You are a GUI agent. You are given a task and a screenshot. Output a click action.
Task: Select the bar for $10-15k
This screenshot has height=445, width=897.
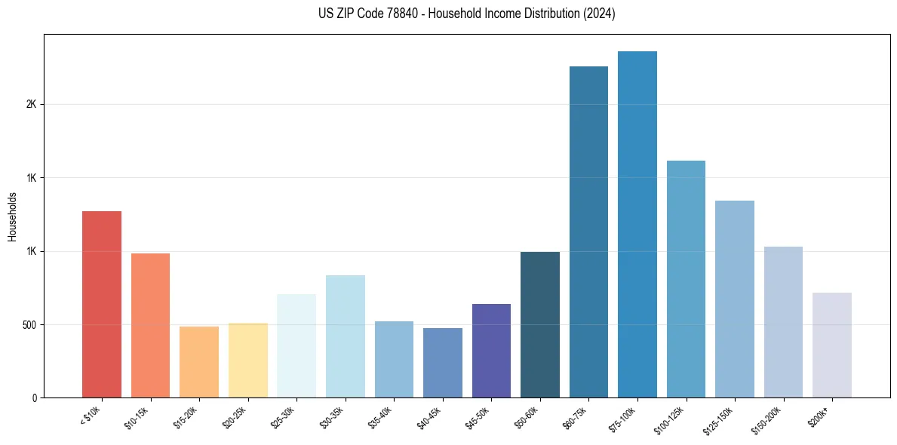click(150, 325)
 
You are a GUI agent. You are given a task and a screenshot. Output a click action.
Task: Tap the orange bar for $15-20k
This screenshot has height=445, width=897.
click(199, 362)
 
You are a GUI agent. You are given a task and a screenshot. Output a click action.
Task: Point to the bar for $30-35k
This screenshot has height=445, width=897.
click(345, 336)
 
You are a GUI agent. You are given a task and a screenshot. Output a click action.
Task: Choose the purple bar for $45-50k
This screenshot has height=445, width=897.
click(491, 351)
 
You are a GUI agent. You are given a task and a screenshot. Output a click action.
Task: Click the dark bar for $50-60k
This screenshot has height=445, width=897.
click(540, 324)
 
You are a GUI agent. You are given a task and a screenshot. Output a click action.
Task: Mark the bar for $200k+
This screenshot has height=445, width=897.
click(832, 345)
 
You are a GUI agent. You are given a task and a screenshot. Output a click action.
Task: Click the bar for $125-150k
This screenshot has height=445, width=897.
click(735, 299)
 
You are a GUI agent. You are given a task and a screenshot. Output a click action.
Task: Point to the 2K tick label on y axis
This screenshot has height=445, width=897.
click(31, 105)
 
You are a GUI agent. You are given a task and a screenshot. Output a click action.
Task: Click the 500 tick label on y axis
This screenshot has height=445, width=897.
click(29, 325)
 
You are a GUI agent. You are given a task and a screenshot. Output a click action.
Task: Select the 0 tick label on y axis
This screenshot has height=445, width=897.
click(33, 398)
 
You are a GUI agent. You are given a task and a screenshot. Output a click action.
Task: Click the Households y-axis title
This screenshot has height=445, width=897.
click(13, 216)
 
